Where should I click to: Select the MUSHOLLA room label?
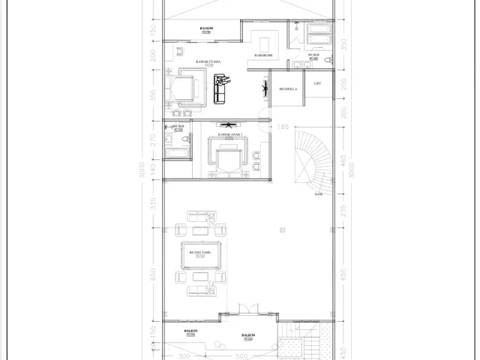[x=288, y=89]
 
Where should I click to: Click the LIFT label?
[x=317, y=84]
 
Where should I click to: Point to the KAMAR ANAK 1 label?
[x=229, y=135]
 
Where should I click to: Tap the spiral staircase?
[x=313, y=161]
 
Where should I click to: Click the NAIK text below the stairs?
[x=319, y=193]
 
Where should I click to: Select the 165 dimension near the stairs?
[x=283, y=127]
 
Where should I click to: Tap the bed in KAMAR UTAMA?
[x=184, y=87]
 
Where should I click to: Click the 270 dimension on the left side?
[x=152, y=139]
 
